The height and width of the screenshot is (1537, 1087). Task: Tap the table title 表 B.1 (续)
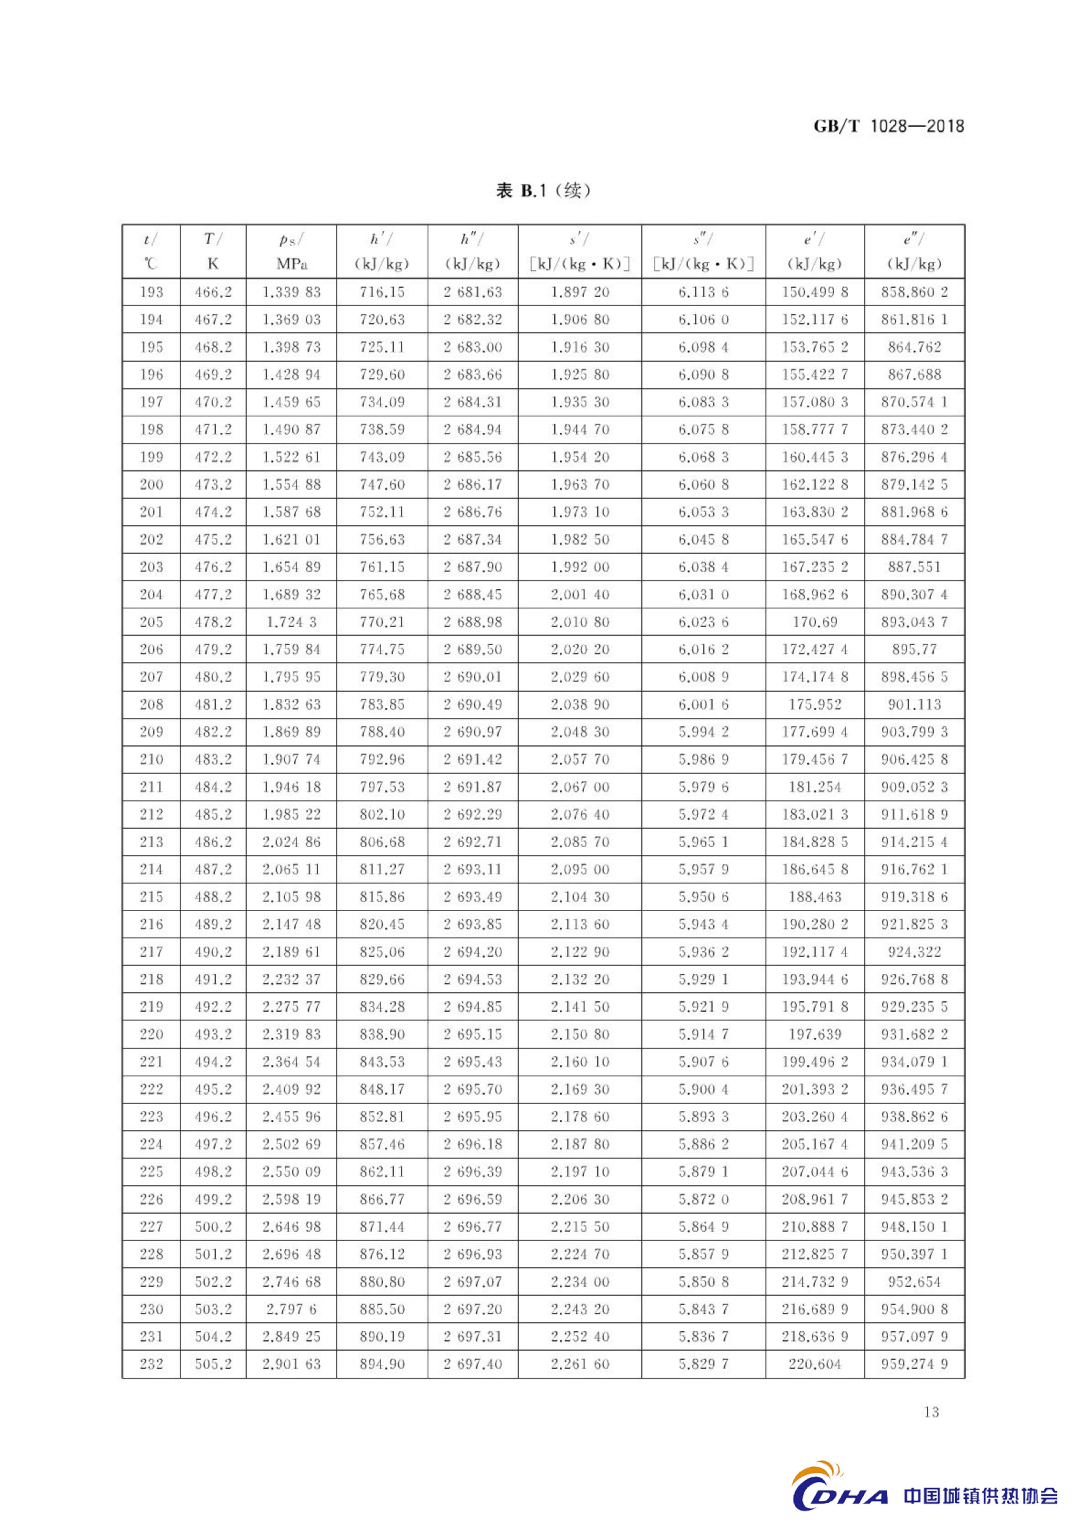tap(543, 191)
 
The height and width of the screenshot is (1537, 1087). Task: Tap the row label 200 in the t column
tap(151, 484)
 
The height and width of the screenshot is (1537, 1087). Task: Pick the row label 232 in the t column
tap(151, 1364)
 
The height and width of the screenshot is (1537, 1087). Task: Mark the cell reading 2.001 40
tap(580, 594)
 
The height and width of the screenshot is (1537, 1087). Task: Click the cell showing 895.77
tap(914, 649)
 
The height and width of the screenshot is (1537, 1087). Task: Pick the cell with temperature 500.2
tap(213, 1226)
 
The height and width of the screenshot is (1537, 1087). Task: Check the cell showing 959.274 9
tap(914, 1364)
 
